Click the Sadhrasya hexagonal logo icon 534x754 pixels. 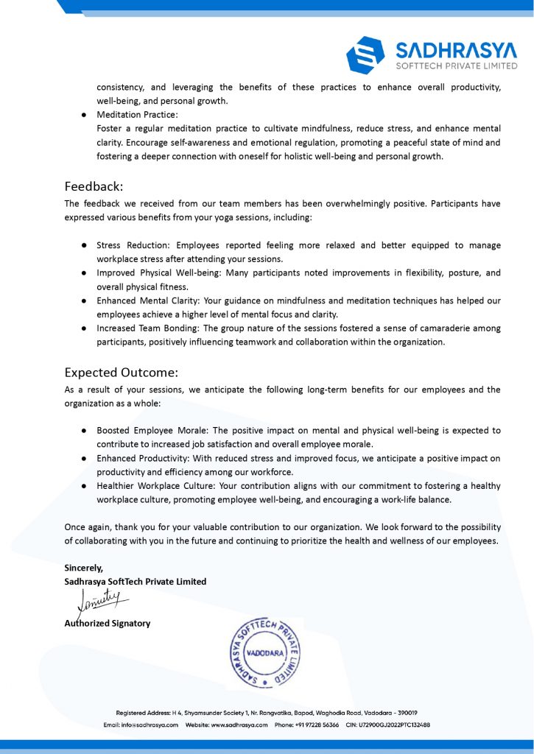coord(366,54)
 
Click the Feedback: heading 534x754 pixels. coord(94,186)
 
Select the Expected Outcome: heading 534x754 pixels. coord(122,372)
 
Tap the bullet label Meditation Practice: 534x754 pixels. coord(137,115)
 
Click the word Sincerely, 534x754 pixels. coord(84,568)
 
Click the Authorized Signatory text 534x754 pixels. coord(108,623)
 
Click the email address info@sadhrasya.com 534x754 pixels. coord(151,725)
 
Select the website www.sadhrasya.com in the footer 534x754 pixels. coord(241,725)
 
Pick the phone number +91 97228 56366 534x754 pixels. coord(317,725)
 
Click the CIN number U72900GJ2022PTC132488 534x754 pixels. coord(394,725)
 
